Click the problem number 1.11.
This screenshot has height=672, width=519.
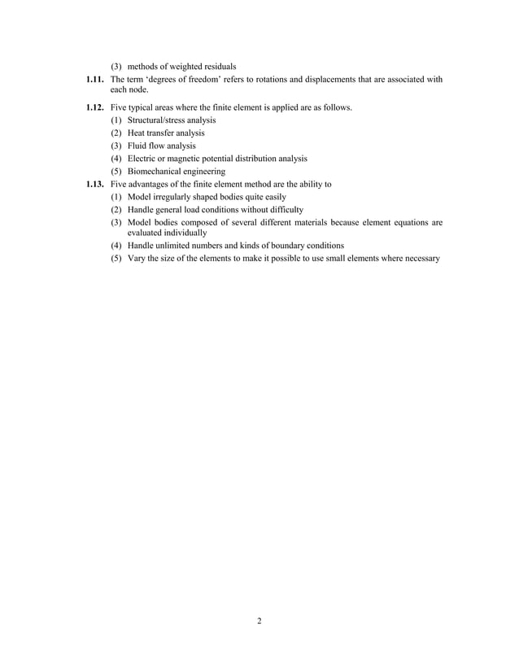[97, 80]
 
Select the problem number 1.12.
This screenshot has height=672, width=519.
[97, 107]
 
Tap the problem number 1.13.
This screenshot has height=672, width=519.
[97, 185]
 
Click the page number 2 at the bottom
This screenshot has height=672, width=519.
[259, 622]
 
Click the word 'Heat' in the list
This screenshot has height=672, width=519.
[136, 133]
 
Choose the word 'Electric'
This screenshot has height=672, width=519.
[142, 159]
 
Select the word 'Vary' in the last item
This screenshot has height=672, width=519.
[135, 259]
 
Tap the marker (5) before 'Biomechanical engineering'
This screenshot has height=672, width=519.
[116, 172]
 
